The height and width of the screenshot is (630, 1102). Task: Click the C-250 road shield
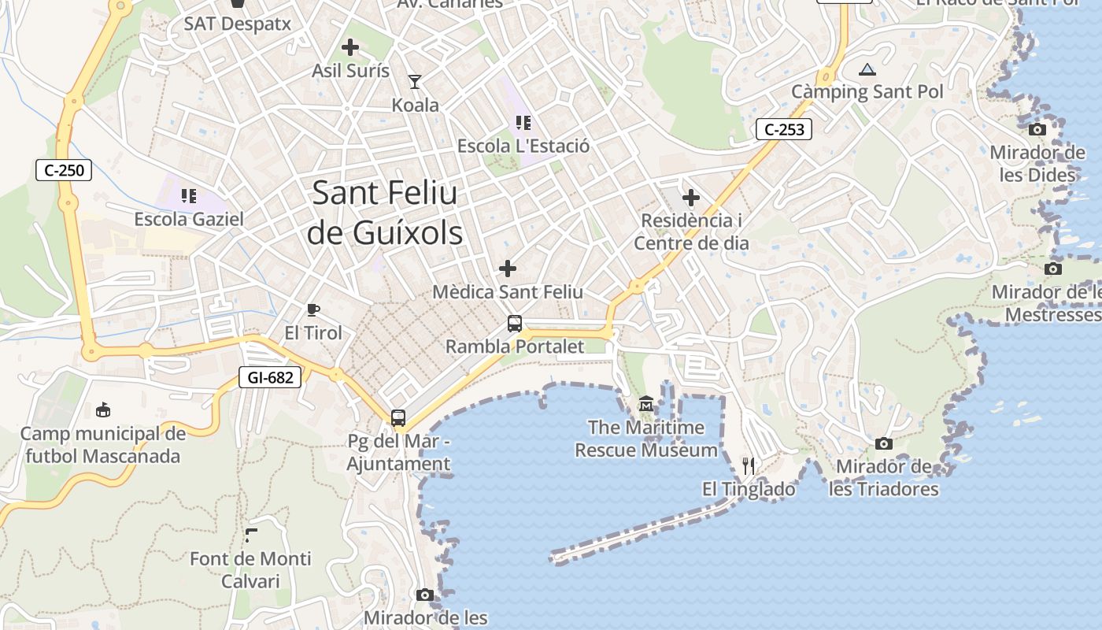pos(64,169)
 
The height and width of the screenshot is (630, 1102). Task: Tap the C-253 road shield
pos(783,129)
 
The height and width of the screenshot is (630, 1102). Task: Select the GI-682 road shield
pos(270,378)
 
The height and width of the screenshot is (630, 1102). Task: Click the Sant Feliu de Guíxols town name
pos(385,213)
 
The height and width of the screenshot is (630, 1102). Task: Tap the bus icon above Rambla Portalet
pos(514,323)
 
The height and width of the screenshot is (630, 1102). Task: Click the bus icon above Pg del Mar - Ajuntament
pos(398,417)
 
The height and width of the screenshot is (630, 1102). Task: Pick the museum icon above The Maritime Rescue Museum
pos(646,404)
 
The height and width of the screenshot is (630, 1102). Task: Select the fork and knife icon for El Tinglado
pos(749,466)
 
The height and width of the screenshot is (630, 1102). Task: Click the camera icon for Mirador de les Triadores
pos(884,443)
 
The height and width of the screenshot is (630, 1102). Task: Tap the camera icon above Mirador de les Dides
pos(1037,129)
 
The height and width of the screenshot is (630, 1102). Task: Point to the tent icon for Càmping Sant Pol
pos(867,69)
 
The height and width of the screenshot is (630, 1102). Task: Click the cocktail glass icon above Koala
pos(415,81)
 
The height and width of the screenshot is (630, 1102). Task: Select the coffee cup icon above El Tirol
pos(313,309)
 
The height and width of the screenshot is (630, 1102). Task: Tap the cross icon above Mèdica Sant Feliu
pos(508,269)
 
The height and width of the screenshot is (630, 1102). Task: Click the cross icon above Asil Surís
pos(350,47)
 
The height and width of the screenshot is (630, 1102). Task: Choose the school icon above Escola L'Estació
pos(523,123)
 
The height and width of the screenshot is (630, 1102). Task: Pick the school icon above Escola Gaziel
pos(188,195)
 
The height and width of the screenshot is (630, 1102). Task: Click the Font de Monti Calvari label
pos(250,570)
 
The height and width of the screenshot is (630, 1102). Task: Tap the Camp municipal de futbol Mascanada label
pos(102,445)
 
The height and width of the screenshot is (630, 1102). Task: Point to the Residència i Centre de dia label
pos(691,232)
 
